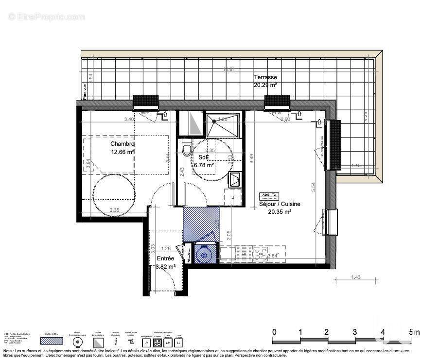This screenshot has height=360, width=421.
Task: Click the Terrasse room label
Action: [x=265, y=77]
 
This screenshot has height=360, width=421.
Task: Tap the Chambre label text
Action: [x=122, y=144]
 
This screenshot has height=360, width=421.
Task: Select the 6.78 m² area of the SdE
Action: [x=204, y=165]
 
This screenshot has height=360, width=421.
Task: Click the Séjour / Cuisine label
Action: [x=279, y=205]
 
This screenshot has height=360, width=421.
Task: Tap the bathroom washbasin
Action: [x=235, y=179]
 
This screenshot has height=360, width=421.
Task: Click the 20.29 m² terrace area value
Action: [x=265, y=85]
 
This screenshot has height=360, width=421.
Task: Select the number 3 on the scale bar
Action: [x=355, y=332]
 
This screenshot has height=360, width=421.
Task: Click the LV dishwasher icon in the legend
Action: [x=168, y=343]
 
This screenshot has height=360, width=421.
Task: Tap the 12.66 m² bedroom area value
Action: [x=122, y=151]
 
